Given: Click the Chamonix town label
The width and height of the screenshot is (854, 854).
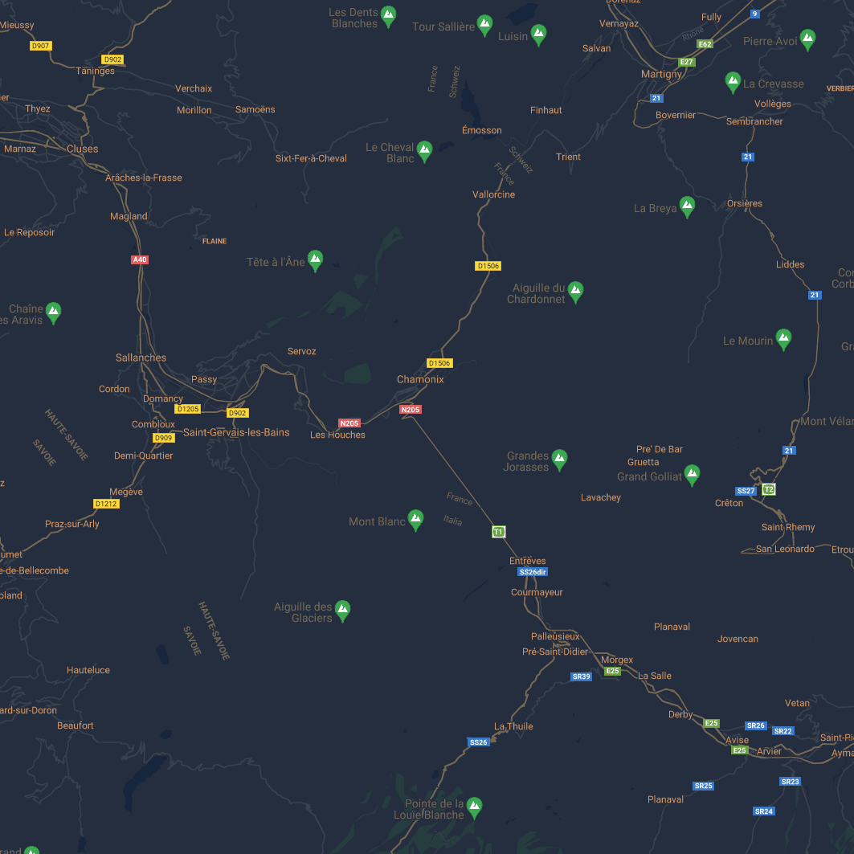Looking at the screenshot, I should pyautogui.click(x=420, y=379).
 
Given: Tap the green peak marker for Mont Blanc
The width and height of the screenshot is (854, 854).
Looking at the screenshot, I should pyautogui.click(x=415, y=520).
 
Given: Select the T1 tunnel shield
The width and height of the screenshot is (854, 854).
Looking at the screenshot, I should pyautogui.click(x=498, y=532).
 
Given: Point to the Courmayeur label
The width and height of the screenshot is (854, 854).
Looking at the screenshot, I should pyautogui.click(x=537, y=592).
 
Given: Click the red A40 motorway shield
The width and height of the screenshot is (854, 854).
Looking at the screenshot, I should pyautogui.click(x=140, y=259).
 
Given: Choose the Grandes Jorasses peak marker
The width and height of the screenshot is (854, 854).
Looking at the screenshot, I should pyautogui.click(x=559, y=460).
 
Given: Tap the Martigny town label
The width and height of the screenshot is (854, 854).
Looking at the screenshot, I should pyautogui.click(x=661, y=74).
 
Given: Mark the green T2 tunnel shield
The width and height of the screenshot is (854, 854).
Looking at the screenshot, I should pyautogui.click(x=769, y=489).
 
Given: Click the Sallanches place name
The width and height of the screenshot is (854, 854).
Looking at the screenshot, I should pyautogui.click(x=141, y=358).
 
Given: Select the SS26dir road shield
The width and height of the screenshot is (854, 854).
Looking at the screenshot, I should pyautogui.click(x=533, y=572).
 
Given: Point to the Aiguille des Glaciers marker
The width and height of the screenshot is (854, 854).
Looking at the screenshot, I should pyautogui.click(x=342, y=611).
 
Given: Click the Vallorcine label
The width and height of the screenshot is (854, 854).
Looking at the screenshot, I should pyautogui.click(x=493, y=194).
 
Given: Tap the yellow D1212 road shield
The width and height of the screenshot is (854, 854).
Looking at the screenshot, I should pyautogui.click(x=106, y=504).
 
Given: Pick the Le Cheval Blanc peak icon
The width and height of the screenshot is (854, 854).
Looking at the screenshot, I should pyautogui.click(x=424, y=151).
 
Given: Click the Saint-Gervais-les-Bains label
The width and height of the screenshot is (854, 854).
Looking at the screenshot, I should pyautogui.click(x=236, y=432).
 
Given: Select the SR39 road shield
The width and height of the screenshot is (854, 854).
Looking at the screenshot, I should pyautogui.click(x=581, y=676).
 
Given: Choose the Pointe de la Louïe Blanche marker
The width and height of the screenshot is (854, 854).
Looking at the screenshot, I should pyautogui.click(x=474, y=807).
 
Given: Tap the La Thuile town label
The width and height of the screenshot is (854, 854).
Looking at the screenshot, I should pyautogui.click(x=513, y=726).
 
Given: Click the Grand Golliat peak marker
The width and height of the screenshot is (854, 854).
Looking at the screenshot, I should pyautogui.click(x=691, y=475).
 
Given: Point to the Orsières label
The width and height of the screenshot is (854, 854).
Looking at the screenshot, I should pyautogui.click(x=744, y=203).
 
